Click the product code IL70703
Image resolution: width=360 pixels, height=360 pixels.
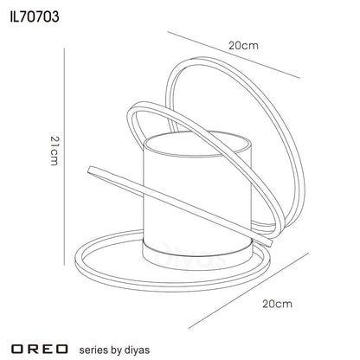(x=35, y=17)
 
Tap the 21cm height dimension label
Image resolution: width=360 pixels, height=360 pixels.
(x=55, y=151)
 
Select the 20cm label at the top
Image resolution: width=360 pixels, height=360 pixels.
(x=243, y=46)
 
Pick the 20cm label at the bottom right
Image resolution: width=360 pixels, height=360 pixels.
(x=277, y=304)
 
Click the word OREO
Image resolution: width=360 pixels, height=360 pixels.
(x=40, y=349)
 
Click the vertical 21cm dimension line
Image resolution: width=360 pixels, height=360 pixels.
(x=64, y=157)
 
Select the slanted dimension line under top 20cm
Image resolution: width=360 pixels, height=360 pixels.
(x=234, y=55)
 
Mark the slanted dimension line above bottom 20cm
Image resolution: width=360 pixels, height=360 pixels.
(x=248, y=291)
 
